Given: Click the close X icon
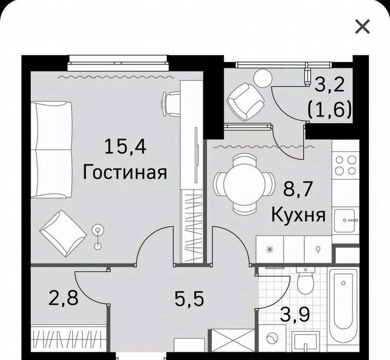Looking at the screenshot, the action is pos(362,27).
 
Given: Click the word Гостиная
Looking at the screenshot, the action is pos(125,173).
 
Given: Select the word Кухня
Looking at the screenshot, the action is pos(298,215).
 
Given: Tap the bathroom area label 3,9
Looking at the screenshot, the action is pos(295,314).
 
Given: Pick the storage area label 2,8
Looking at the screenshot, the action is pos(63,299).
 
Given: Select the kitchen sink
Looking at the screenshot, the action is pos(345,221).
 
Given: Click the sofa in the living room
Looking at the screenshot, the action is pos(52,150).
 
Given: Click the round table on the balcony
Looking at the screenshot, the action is pos(263,78).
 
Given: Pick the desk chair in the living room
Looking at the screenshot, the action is pos(171,103).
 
